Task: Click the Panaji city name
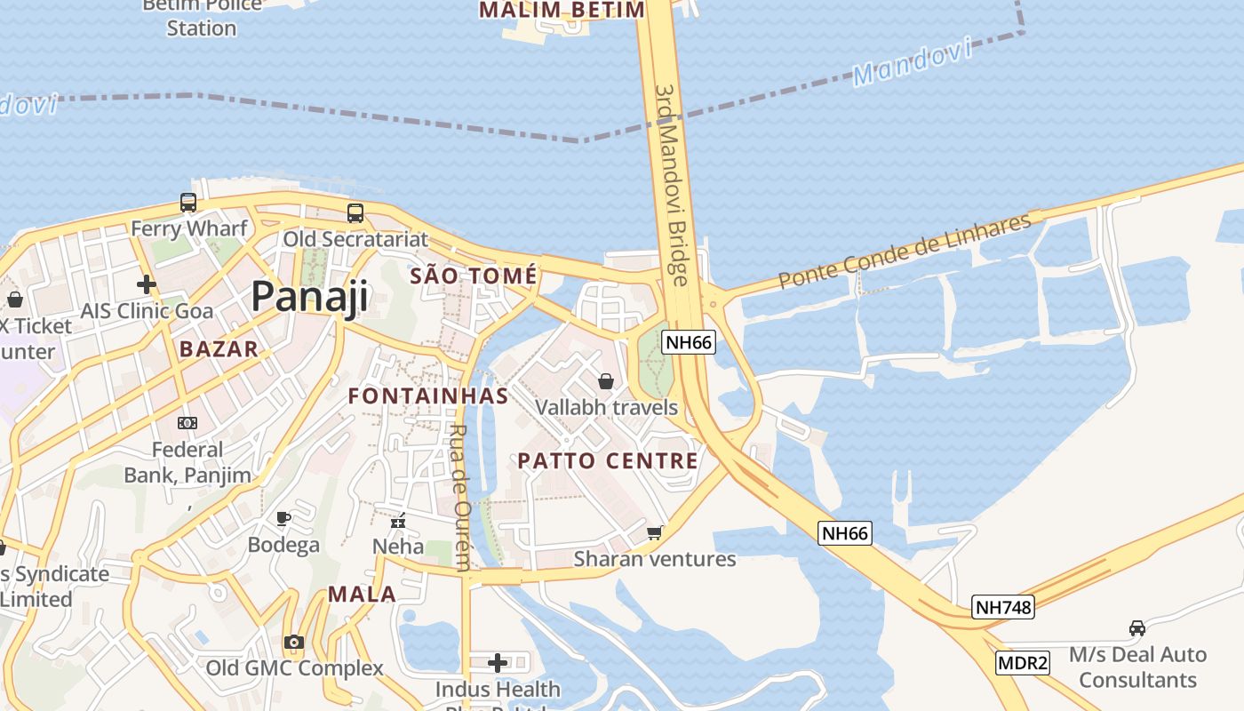309,296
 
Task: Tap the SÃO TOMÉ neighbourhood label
474,276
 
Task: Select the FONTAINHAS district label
428,396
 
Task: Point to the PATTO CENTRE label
608,460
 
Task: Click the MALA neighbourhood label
362,595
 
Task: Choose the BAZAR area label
219,349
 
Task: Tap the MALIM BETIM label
562,11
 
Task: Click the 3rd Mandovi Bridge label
671,185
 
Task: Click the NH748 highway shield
1003,607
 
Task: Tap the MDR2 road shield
1023,662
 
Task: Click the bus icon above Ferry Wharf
188,203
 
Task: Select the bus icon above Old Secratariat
355,213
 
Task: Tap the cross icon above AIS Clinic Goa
147,284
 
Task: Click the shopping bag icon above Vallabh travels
606,381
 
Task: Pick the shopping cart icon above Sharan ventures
655,532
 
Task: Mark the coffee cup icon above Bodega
283,518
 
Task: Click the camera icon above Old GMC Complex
294,642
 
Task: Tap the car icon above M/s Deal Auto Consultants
1136,628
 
